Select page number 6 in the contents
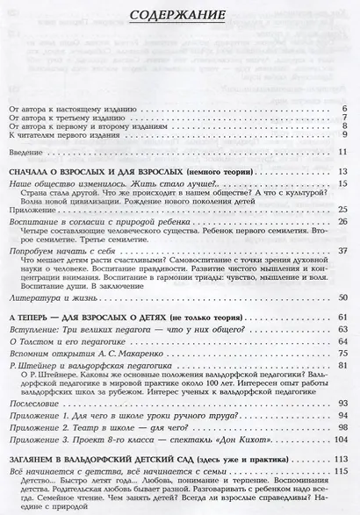pyautogui.click(x=345, y=109)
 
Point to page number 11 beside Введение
pyautogui.click(x=343, y=153)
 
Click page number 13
pyautogui.click(x=343, y=170)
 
